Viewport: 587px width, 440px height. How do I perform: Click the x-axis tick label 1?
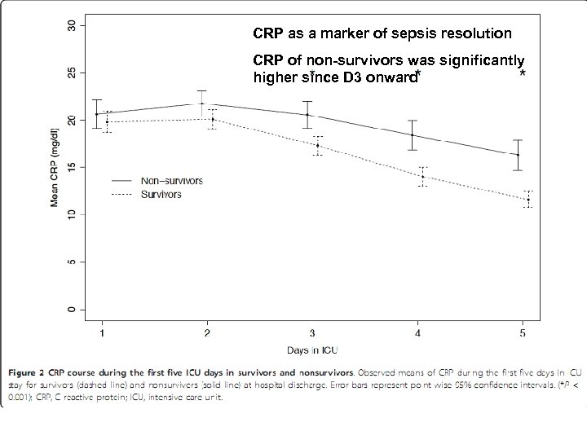tap(102, 332)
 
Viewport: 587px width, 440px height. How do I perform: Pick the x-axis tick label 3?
tap(312, 332)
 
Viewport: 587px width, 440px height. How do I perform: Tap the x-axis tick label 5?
tap(523, 332)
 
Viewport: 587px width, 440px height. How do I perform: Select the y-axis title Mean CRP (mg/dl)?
tap(55, 167)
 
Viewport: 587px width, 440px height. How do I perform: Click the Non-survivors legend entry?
tap(170, 181)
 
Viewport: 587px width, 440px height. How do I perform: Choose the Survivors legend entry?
tap(161, 195)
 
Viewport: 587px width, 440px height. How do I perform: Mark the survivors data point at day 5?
tap(528, 199)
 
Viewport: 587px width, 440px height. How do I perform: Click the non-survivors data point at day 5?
tap(518, 155)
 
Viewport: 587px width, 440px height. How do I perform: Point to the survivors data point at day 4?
tap(422, 176)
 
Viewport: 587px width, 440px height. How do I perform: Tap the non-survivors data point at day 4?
tap(413, 134)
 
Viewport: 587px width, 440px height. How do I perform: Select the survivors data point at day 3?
tap(317, 145)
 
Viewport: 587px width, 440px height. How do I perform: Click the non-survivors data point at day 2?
tap(202, 103)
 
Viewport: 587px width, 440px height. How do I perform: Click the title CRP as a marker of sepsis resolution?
tap(382, 34)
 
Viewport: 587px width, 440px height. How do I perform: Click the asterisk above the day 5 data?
tap(522, 74)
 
